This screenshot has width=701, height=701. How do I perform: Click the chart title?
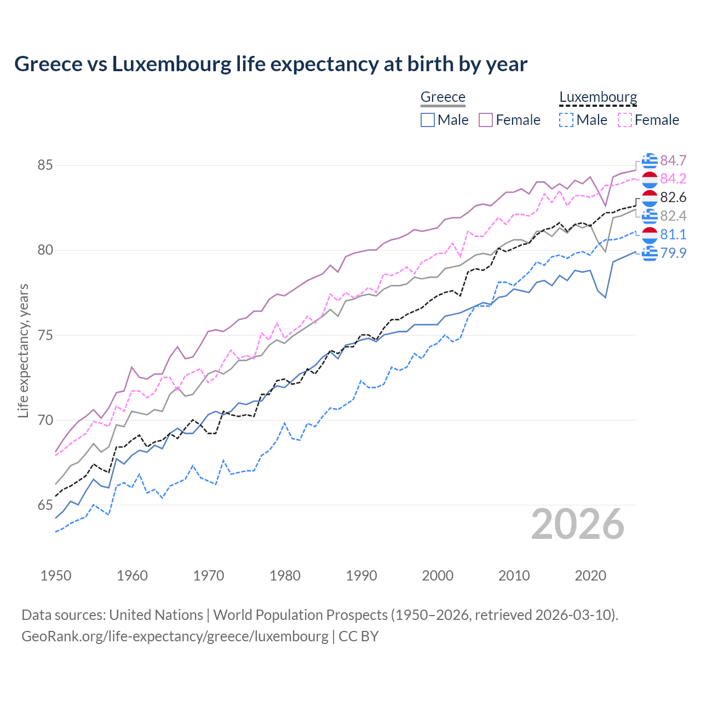271,64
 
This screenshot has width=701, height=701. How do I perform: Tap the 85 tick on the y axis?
45,165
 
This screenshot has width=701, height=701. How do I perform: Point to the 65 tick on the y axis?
45,505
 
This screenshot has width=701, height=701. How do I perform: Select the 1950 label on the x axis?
56,576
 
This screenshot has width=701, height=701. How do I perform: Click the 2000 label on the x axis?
438,576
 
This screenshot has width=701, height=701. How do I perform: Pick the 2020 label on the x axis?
590,576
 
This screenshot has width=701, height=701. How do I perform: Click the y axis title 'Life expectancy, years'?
24,350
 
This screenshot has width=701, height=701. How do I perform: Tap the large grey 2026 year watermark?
577,524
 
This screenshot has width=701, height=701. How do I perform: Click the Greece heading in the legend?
443,97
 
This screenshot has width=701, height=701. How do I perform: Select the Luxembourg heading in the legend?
598,97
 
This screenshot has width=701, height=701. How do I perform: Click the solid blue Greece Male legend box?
428,120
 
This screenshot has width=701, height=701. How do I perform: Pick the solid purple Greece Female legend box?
486,120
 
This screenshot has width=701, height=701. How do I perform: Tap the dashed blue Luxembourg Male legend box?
566,120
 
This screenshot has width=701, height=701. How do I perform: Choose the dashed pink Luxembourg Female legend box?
625,120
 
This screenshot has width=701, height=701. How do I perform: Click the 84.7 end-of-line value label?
673,160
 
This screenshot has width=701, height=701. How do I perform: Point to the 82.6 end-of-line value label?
673,197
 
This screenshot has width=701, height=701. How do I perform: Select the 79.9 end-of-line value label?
673,253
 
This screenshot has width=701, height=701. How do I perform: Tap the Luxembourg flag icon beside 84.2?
650,179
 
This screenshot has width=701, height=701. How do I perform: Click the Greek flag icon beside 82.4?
650,216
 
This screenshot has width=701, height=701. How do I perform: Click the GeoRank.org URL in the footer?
175,636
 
